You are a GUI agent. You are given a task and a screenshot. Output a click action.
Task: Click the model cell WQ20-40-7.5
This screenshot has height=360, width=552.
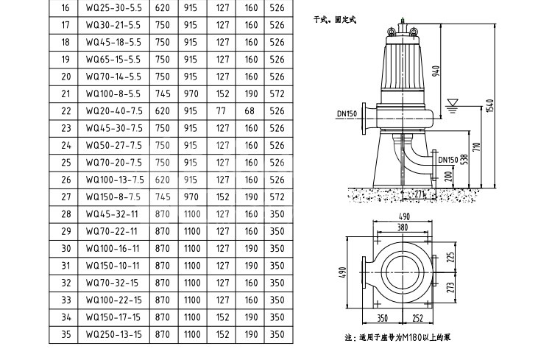114,111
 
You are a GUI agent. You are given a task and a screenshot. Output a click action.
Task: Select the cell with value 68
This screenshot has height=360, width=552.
250,111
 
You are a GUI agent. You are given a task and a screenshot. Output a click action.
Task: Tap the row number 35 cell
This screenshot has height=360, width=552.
66,334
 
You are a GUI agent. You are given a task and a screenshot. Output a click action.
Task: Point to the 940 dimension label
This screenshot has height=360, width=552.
436,71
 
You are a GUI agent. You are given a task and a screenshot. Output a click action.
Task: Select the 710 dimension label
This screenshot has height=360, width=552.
476,147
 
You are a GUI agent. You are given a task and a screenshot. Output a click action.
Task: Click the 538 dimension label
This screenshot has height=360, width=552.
464,160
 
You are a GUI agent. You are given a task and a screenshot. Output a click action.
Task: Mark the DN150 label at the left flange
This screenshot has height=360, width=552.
347,114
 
